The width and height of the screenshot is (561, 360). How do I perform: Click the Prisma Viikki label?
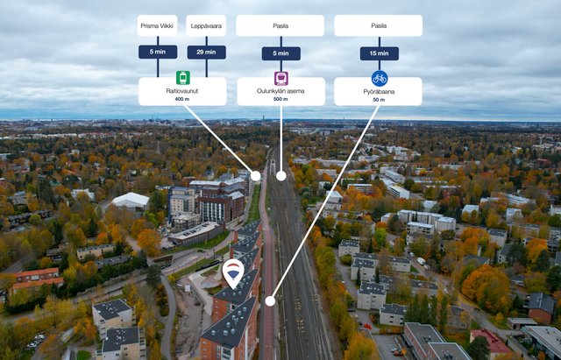tap(158, 25)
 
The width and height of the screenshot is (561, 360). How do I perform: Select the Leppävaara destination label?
tap(206, 25)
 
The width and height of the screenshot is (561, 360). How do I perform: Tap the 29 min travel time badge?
tap(206, 53)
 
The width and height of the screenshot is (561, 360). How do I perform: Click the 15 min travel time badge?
tap(379, 53)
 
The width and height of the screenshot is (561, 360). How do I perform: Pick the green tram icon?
tap(182, 78)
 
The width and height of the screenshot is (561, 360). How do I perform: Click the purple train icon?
tap(280, 78)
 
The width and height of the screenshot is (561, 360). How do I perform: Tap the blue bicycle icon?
tap(379, 78)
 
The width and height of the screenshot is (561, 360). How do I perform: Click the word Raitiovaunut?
tap(182, 90)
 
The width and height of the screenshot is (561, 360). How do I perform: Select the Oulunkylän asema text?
tap(280, 90)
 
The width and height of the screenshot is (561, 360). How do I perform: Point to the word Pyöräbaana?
tap(379, 90)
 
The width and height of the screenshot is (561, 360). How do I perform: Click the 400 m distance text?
tap(182, 99)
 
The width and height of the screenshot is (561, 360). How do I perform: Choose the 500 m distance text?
tap(280, 99)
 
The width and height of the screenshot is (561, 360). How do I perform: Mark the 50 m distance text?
tap(379, 99)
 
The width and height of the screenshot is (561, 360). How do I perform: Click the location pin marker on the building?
tap(233, 272)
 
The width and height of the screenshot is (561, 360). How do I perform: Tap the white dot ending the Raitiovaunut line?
tap(256, 175)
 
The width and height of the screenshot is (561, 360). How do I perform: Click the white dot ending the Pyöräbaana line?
tap(270, 300)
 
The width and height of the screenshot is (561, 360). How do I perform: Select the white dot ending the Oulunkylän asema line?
tap(280, 175)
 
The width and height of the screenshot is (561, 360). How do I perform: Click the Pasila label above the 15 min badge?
tap(379, 25)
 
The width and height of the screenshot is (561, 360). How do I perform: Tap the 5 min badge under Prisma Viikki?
tap(158, 53)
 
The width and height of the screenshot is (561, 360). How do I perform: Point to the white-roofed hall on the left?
tap(131, 201)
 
